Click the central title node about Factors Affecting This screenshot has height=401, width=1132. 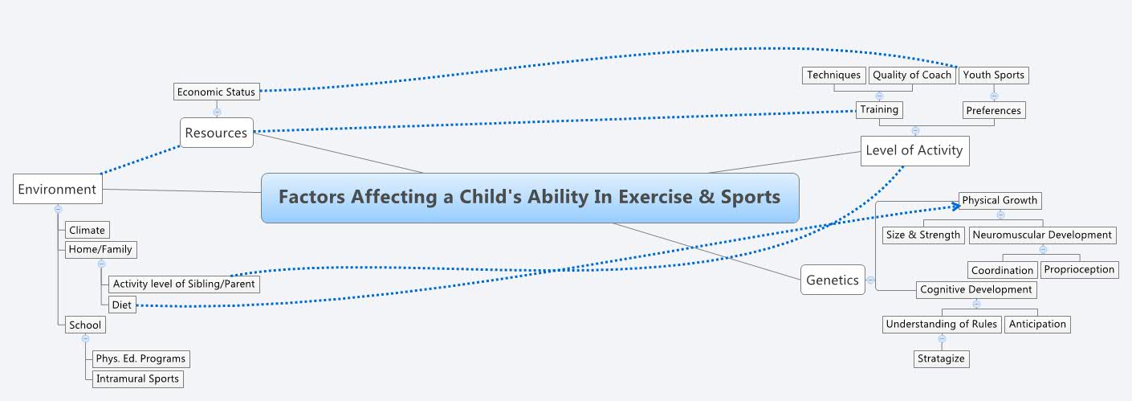(530, 197)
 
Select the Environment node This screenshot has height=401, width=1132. (57, 190)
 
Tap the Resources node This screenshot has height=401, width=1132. (216, 133)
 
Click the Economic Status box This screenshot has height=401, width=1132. (216, 92)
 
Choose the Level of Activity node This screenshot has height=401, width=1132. (914, 150)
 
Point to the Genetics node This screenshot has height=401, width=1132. (833, 280)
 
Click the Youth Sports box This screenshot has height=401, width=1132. (993, 75)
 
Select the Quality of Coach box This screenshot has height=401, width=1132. (912, 75)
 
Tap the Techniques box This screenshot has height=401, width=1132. (833, 75)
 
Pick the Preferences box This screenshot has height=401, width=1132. (993, 110)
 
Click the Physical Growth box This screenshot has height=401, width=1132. (1000, 200)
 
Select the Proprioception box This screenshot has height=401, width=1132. (1079, 269)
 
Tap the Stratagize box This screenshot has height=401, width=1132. (941, 358)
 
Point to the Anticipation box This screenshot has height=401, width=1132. (1037, 324)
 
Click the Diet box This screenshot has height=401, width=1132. (121, 305)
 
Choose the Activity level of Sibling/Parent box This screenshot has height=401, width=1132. (184, 284)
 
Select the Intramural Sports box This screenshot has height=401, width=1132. (137, 378)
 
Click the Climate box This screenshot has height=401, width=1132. (87, 230)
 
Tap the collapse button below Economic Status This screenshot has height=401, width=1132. (217, 112)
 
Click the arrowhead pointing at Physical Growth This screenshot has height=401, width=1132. (955, 206)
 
